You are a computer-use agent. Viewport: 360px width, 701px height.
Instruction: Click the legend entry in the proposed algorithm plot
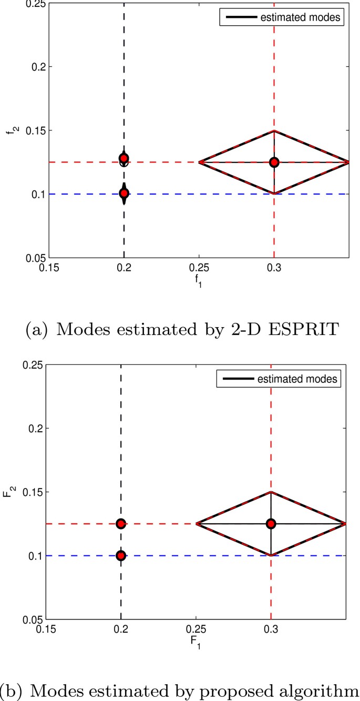coord(282,378)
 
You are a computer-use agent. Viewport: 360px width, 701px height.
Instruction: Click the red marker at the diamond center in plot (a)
coord(274,162)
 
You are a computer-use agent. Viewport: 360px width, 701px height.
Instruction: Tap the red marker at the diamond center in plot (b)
coord(271,523)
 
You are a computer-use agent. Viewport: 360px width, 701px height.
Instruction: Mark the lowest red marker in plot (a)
coord(124,193)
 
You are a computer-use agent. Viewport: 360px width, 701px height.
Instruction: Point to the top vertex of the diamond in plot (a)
coord(274,130)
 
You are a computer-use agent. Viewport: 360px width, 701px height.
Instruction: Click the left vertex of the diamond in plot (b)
coord(196,523)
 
